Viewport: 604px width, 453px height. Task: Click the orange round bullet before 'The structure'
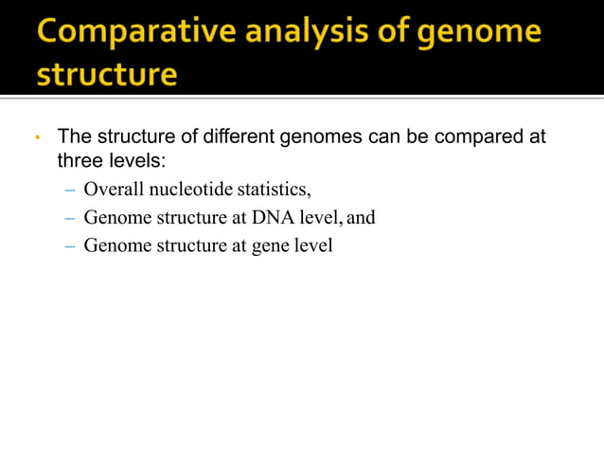point(36,138)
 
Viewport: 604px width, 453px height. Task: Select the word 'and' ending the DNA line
point(361,218)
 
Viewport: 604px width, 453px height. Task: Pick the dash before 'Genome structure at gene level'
point(69,247)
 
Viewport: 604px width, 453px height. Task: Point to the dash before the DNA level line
point(69,218)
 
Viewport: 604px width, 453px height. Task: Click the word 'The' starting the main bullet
point(74,136)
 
